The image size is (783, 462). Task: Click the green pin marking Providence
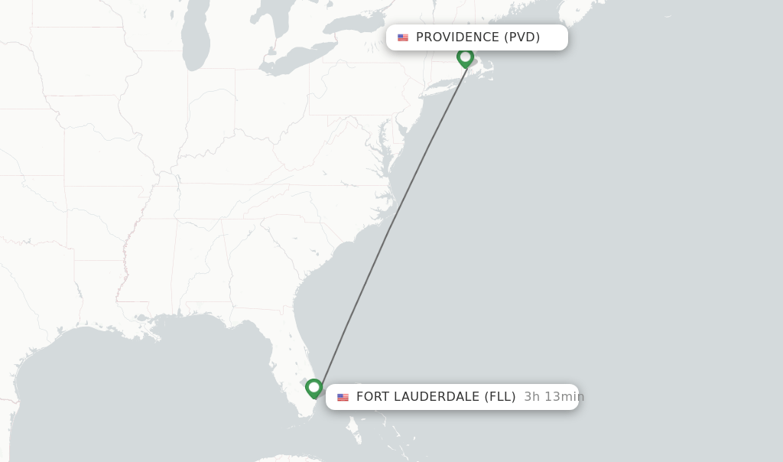465,57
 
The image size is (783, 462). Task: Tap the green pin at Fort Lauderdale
314,388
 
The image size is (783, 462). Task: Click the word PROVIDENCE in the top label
457,37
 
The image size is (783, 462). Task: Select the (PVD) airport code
521,37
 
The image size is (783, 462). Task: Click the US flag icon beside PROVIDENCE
403,37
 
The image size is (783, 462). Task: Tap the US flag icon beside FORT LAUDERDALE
343,397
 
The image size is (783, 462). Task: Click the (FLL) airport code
500,396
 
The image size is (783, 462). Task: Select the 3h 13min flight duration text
554,396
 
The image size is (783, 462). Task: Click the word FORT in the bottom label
373,396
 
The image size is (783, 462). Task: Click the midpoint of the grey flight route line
392,226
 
